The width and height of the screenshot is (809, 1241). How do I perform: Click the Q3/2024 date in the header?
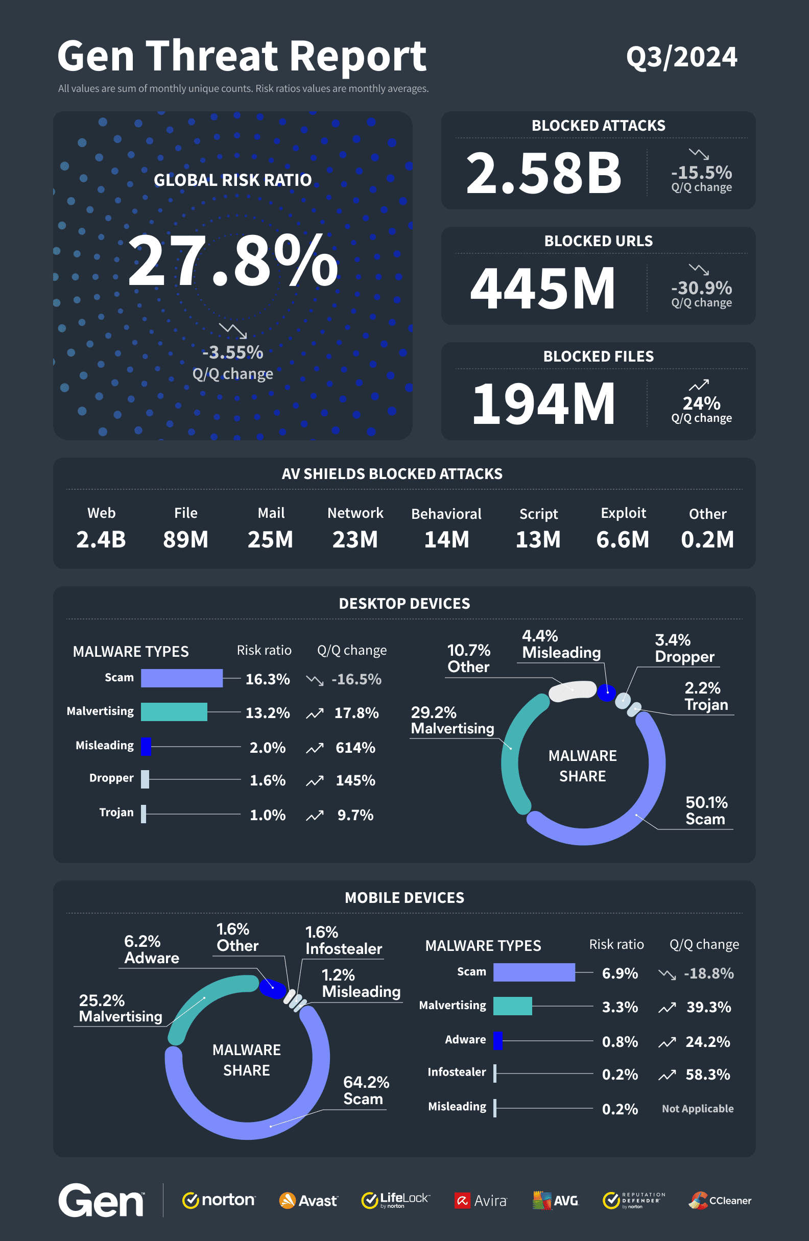(681, 57)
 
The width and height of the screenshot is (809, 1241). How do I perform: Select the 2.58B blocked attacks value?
(543, 173)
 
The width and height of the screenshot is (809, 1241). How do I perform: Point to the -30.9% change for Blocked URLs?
(702, 288)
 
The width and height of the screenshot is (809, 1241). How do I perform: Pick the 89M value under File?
(185, 539)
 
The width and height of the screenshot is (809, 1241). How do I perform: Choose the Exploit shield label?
(623, 513)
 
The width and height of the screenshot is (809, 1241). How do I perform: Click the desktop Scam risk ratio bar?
(181, 678)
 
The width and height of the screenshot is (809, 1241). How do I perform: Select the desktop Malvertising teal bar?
(174, 712)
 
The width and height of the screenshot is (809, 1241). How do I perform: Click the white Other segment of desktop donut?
(572, 690)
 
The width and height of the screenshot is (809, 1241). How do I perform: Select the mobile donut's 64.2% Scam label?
(366, 1090)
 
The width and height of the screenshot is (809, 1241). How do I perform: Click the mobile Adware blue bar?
(497, 1040)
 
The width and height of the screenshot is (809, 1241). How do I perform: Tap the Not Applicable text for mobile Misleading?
(697, 1109)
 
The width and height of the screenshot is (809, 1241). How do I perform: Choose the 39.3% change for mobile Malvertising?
(708, 1007)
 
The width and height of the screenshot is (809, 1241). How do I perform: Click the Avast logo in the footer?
(308, 1201)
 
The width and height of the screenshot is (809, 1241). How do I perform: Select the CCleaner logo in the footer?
(720, 1200)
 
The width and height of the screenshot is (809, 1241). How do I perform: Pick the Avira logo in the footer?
(481, 1201)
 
